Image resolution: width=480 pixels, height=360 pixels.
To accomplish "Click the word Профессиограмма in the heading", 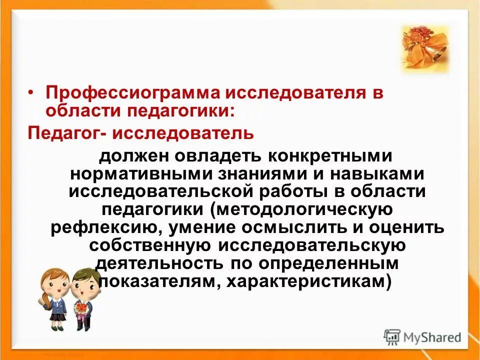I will click(x=124, y=93).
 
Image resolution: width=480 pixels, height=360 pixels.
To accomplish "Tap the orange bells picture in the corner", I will click(x=424, y=48).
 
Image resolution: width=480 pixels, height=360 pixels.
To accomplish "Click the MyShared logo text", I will click(x=432, y=337).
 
